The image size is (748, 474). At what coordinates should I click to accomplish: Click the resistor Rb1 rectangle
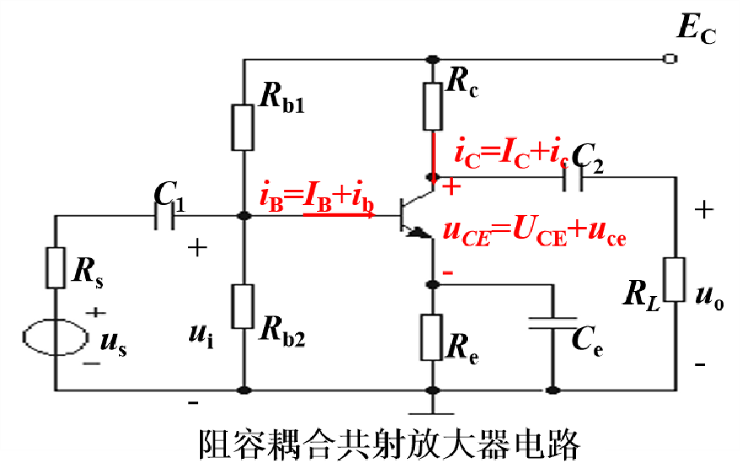pos(243,127)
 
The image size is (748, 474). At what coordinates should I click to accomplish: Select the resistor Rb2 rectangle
pos(243,305)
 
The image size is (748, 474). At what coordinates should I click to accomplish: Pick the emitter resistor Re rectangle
pos(433,336)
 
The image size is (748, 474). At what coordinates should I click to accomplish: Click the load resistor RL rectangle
pos(675,279)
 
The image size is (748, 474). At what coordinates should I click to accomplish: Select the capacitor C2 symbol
pos(573,177)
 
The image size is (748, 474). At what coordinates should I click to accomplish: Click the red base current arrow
pos(337,214)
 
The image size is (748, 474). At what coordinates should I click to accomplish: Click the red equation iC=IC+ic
pos(511,154)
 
